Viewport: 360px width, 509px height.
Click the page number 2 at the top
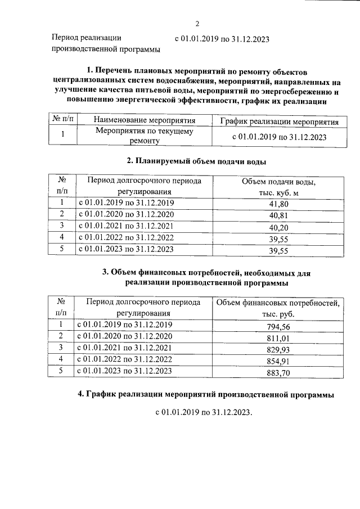(x=197, y=24)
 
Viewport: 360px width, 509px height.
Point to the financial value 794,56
(x=279, y=327)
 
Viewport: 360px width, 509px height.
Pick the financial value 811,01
(x=279, y=339)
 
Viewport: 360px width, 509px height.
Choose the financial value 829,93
(x=279, y=350)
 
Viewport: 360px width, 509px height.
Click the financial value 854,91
(x=279, y=362)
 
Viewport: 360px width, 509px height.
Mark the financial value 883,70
(x=279, y=373)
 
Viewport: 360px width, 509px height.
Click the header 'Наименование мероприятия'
(x=145, y=120)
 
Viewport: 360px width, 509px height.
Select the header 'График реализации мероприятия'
(x=279, y=121)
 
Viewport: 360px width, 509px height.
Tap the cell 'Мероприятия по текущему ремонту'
(x=145, y=136)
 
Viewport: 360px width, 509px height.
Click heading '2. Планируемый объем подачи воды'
(x=196, y=161)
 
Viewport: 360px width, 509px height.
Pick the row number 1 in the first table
(x=63, y=134)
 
